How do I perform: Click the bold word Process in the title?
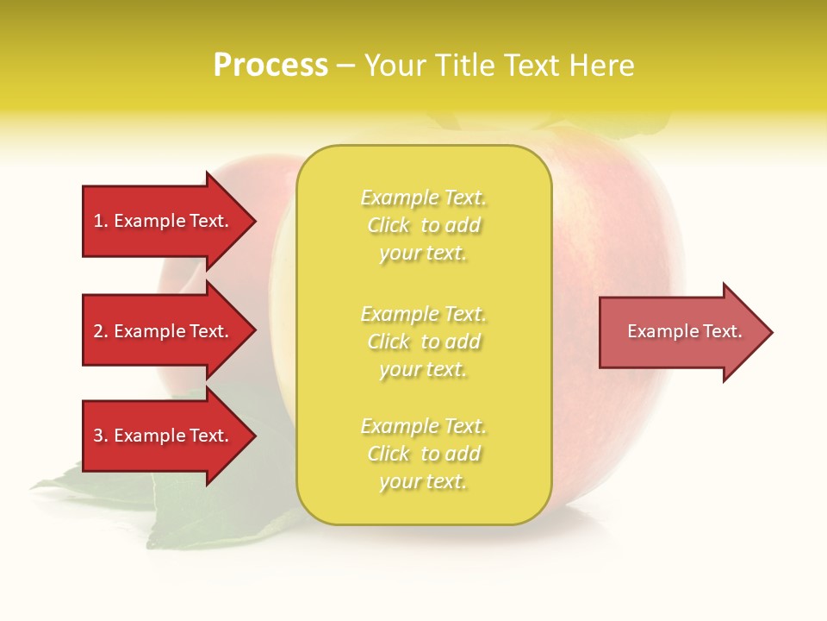270,66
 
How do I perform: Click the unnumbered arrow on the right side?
681,331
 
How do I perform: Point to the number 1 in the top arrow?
98,222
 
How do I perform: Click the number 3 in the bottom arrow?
98,436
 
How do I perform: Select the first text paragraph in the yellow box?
423,225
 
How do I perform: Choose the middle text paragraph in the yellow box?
423,342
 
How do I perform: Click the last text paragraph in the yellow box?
423,454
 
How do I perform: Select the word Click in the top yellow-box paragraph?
389,226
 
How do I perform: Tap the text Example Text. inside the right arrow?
684,331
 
